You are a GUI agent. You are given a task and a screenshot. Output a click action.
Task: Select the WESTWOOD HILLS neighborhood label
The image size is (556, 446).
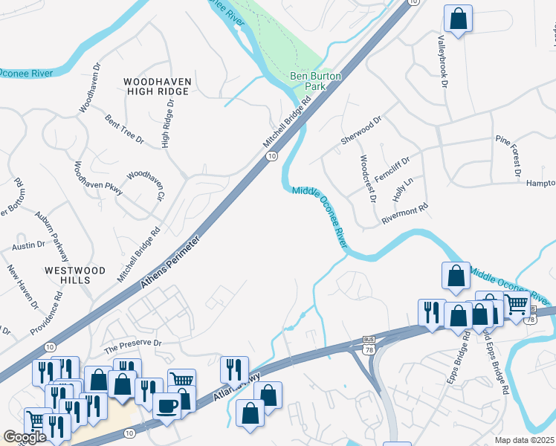click(x=74, y=274)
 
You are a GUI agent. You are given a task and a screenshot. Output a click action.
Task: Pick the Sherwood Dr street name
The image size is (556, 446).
click(x=361, y=130)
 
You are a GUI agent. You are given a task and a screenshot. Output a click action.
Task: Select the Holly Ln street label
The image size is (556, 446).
click(x=402, y=187)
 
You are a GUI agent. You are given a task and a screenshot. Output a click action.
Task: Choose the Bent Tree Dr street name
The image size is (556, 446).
click(x=124, y=128)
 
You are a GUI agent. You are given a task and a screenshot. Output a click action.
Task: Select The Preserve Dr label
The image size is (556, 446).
click(x=132, y=343)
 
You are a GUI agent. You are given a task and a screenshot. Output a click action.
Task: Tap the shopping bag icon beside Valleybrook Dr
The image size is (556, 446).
click(x=459, y=20)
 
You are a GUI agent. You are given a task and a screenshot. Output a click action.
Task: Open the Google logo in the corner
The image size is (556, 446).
click(x=25, y=437)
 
